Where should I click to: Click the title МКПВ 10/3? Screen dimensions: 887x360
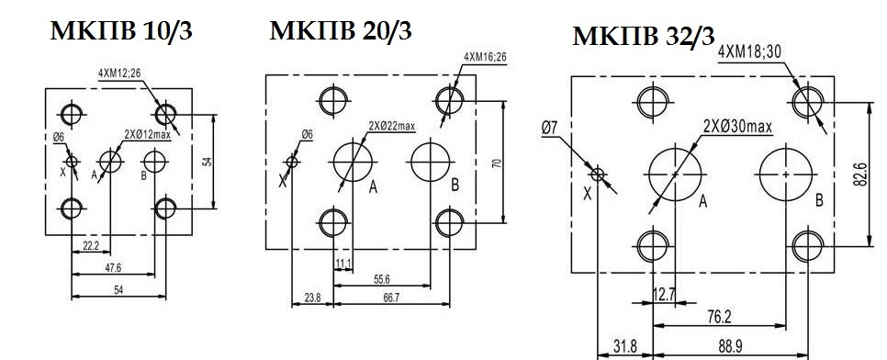(x=121, y=32)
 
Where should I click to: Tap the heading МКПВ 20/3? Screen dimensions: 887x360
(x=341, y=30)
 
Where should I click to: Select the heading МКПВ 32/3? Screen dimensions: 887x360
(x=643, y=37)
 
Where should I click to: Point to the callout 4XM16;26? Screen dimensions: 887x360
(x=486, y=57)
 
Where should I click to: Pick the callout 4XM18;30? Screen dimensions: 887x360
(x=749, y=51)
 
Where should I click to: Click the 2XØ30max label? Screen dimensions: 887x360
(x=737, y=126)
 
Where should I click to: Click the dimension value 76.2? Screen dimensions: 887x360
(x=717, y=317)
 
